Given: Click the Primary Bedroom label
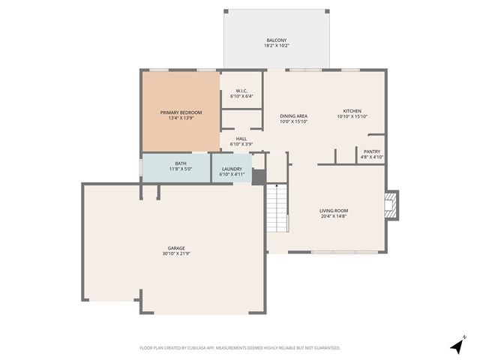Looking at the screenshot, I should pos(181,112).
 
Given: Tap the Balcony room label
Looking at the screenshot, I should pos(276,40).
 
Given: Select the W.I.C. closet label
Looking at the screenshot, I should pos(241,91).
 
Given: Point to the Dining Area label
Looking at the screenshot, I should pos(293,116).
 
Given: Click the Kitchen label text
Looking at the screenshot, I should pos(352,110).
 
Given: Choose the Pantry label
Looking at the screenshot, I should pos(372,151).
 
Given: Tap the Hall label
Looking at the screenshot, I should pos(241,139).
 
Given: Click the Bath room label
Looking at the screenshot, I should pos(181,163).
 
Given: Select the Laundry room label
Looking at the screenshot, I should pos(231,169).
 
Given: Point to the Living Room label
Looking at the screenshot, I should pos(334,211).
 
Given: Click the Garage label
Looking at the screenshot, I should pos(176,248).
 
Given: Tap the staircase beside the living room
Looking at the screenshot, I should pos(277,207).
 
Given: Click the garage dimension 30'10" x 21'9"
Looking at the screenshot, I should pos(176,254).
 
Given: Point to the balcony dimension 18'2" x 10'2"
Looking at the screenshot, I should pos(276,46).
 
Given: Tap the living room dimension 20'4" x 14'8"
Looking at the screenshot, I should pos(334,217).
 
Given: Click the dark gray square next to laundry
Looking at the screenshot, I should pos(258,177).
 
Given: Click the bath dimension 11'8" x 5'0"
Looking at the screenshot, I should pos(181,169).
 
